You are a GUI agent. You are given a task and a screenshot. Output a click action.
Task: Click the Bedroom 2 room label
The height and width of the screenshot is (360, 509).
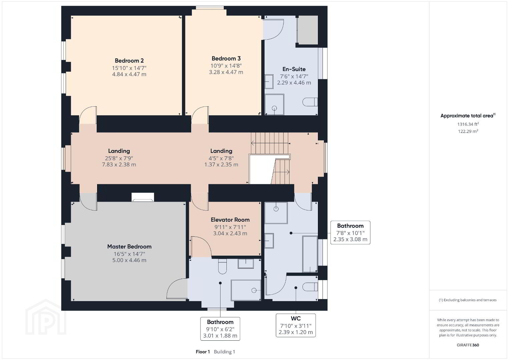pyautogui.click(x=129, y=61)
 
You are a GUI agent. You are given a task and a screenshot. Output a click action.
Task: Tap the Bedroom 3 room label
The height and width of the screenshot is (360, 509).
pyautogui.click(x=226, y=58)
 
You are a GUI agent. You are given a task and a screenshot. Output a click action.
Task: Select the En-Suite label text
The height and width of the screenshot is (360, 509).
pyautogui.click(x=294, y=69)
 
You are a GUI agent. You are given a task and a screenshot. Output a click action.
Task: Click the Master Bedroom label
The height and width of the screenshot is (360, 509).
pyautogui.click(x=129, y=246)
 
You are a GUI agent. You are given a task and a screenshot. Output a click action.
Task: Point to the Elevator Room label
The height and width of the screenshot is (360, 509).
pyautogui.click(x=230, y=220)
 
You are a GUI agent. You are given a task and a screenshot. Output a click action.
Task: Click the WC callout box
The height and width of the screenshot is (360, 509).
pyautogui.click(x=296, y=325)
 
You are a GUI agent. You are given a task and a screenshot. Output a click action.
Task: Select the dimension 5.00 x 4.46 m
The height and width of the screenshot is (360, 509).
pyautogui.click(x=129, y=260)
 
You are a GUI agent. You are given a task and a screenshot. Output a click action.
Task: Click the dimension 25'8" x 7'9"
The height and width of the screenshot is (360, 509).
pyautogui.click(x=119, y=158)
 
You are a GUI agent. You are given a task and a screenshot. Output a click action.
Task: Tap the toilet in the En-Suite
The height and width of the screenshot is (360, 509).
pyautogui.click(x=310, y=102)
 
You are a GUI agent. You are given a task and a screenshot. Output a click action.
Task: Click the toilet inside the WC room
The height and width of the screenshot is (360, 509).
pyautogui.click(x=310, y=287)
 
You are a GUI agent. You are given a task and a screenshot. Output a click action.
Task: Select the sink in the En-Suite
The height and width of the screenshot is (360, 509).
pyautogui.click(x=269, y=82)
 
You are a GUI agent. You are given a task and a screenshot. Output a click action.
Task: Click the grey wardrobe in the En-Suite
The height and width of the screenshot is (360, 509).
pyautogui.click(x=308, y=30)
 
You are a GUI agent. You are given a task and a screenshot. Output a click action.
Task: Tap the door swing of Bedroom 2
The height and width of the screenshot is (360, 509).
pyautogui.click(x=88, y=115)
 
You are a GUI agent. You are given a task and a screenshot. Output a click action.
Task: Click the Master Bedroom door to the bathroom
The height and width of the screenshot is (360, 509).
pyautogui.click(x=177, y=288)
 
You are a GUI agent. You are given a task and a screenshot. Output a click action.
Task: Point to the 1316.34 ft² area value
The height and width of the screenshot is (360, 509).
pyautogui.click(x=468, y=124)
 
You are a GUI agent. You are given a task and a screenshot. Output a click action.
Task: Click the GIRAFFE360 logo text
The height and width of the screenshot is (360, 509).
pyautogui.click(x=468, y=345)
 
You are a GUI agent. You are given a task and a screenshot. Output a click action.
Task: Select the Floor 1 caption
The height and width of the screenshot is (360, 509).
pyautogui.click(x=203, y=352)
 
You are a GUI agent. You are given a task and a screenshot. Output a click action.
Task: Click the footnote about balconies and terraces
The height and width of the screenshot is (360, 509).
pyautogui.click(x=468, y=300)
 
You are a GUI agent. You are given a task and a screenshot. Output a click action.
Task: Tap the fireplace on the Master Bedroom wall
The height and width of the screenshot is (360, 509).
pyautogui.click(x=143, y=197)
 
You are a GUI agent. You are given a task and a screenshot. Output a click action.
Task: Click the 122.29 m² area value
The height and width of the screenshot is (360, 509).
pyautogui.click(x=468, y=131)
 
